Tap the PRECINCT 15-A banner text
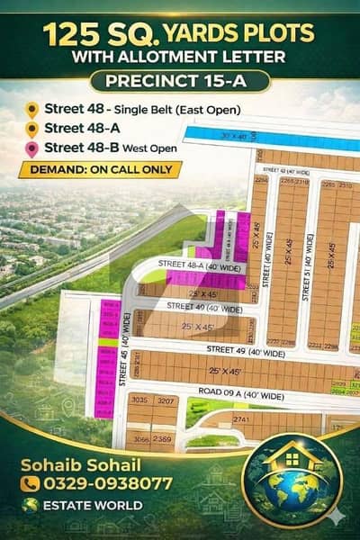[x=180, y=82]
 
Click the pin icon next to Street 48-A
[x=32, y=130]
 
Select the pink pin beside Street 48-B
[x=32, y=148]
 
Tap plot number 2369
[x=163, y=438]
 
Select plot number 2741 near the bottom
[x=240, y=420]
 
